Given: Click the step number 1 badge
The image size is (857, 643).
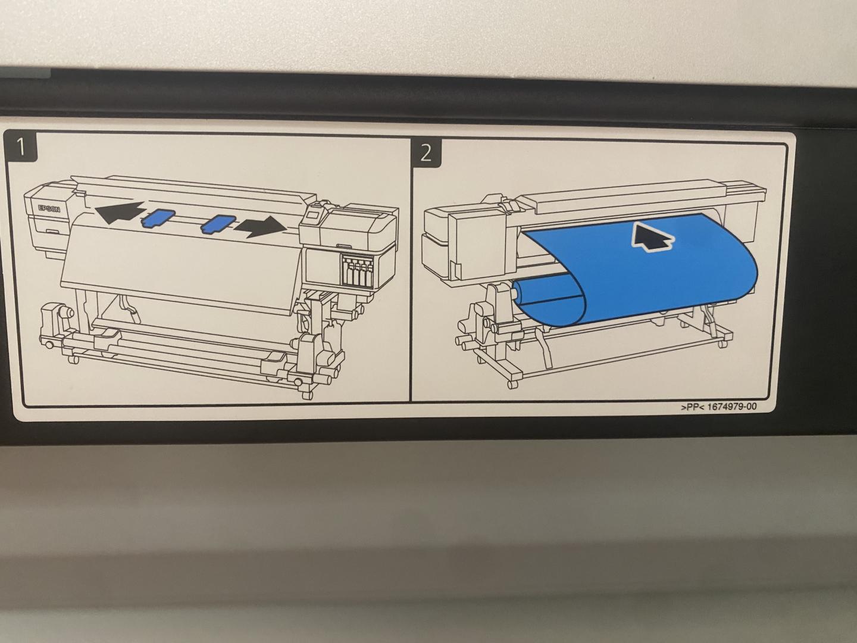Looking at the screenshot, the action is coord(22,148).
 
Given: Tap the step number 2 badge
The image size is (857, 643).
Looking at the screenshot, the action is coord(426,153).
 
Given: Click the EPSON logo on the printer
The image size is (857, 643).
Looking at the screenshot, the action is coord(49,209).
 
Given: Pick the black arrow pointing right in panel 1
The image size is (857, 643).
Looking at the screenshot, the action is coord(260,227).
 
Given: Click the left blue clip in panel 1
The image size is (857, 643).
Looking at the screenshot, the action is coord(158,217).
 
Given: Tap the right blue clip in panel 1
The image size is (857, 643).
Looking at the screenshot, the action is coord(217,224).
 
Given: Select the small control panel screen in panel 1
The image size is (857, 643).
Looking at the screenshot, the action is coord(314,215).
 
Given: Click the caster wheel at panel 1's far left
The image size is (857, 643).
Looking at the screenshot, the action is coord(50,345).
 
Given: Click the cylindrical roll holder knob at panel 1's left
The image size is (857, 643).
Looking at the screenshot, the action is coord(68,313).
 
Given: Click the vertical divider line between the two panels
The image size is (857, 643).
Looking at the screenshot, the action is coord(409,269).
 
